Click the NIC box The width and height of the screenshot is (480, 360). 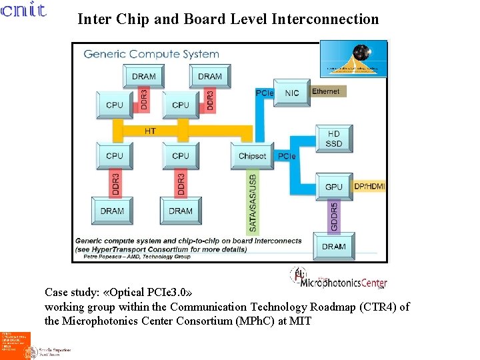tap(292, 93)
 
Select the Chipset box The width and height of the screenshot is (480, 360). tap(252, 156)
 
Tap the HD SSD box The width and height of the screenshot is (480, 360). tap(334, 139)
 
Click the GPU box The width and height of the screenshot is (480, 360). tap(334, 187)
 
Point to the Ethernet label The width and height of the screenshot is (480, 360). tap(326, 91)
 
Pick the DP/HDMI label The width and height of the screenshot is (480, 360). tap(369, 187)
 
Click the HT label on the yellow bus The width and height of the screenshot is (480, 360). tap(150, 131)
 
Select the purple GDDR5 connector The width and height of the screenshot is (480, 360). tap(334, 217)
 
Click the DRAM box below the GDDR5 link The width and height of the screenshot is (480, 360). tap(334, 246)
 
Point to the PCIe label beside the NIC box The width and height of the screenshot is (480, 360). tap(265, 93)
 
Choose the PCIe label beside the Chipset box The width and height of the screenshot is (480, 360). tap(287, 156)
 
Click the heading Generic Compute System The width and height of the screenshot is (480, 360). tap(151, 54)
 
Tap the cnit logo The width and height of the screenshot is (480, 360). tap(23, 11)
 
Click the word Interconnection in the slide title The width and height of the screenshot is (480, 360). tap(325, 19)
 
